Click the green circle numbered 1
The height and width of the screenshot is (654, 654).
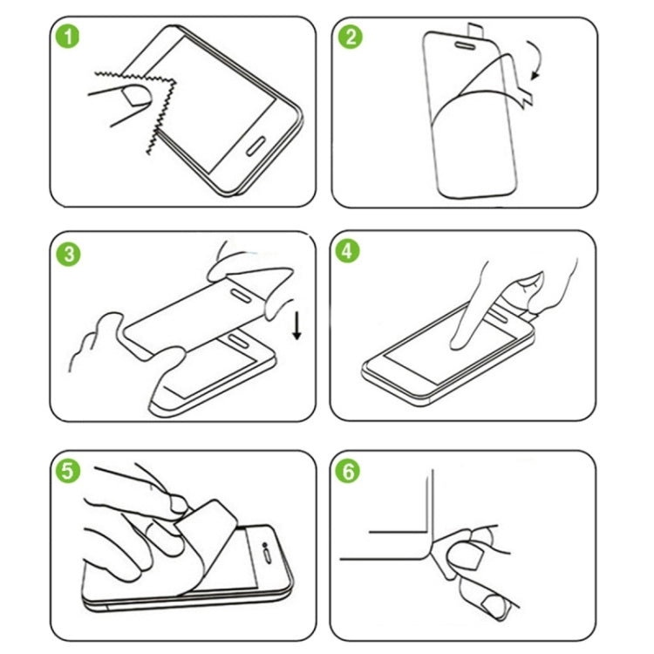coord(66,39)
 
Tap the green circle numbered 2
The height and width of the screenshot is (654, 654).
coord(351,39)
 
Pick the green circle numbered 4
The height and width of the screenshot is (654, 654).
coord(350,253)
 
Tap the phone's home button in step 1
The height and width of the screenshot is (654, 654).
coord(262,144)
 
